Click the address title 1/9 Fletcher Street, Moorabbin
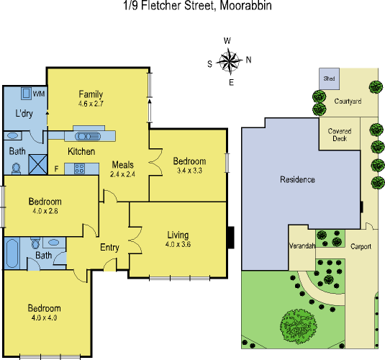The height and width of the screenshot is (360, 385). (192, 6)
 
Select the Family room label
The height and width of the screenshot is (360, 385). (91, 99)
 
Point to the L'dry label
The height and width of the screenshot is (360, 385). (24, 114)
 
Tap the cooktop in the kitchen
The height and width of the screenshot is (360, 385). (78, 168)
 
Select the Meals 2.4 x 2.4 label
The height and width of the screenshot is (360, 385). (122, 169)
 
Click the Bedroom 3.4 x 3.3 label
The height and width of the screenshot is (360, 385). (189, 166)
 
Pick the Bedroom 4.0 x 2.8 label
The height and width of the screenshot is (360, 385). (45, 206)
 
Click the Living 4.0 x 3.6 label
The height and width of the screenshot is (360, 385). (177, 239)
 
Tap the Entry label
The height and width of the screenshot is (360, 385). (109, 248)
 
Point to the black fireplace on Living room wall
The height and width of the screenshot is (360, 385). (230, 236)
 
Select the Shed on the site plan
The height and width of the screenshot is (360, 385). (330, 78)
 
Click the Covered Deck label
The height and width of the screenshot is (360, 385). (339, 135)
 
